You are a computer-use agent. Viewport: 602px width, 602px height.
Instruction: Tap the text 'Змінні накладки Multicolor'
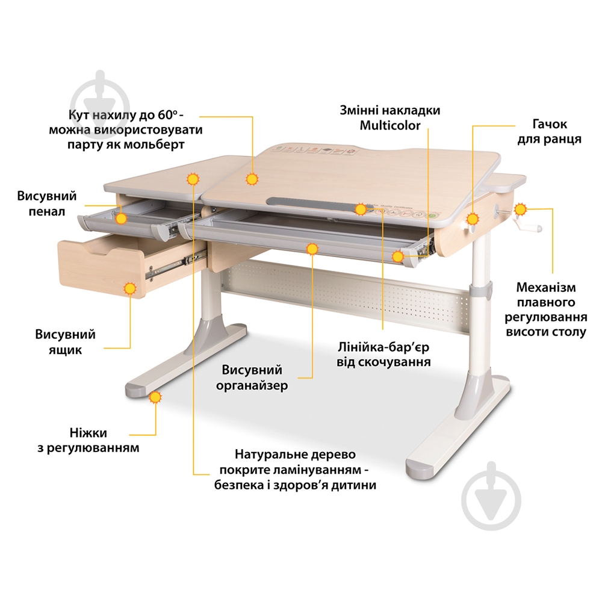click(389, 118)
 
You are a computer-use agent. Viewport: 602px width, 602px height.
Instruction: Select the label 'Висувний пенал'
click(46, 204)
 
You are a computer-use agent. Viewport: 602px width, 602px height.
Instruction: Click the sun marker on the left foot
click(155, 397)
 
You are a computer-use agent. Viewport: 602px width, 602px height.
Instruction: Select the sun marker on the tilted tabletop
click(252, 178)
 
